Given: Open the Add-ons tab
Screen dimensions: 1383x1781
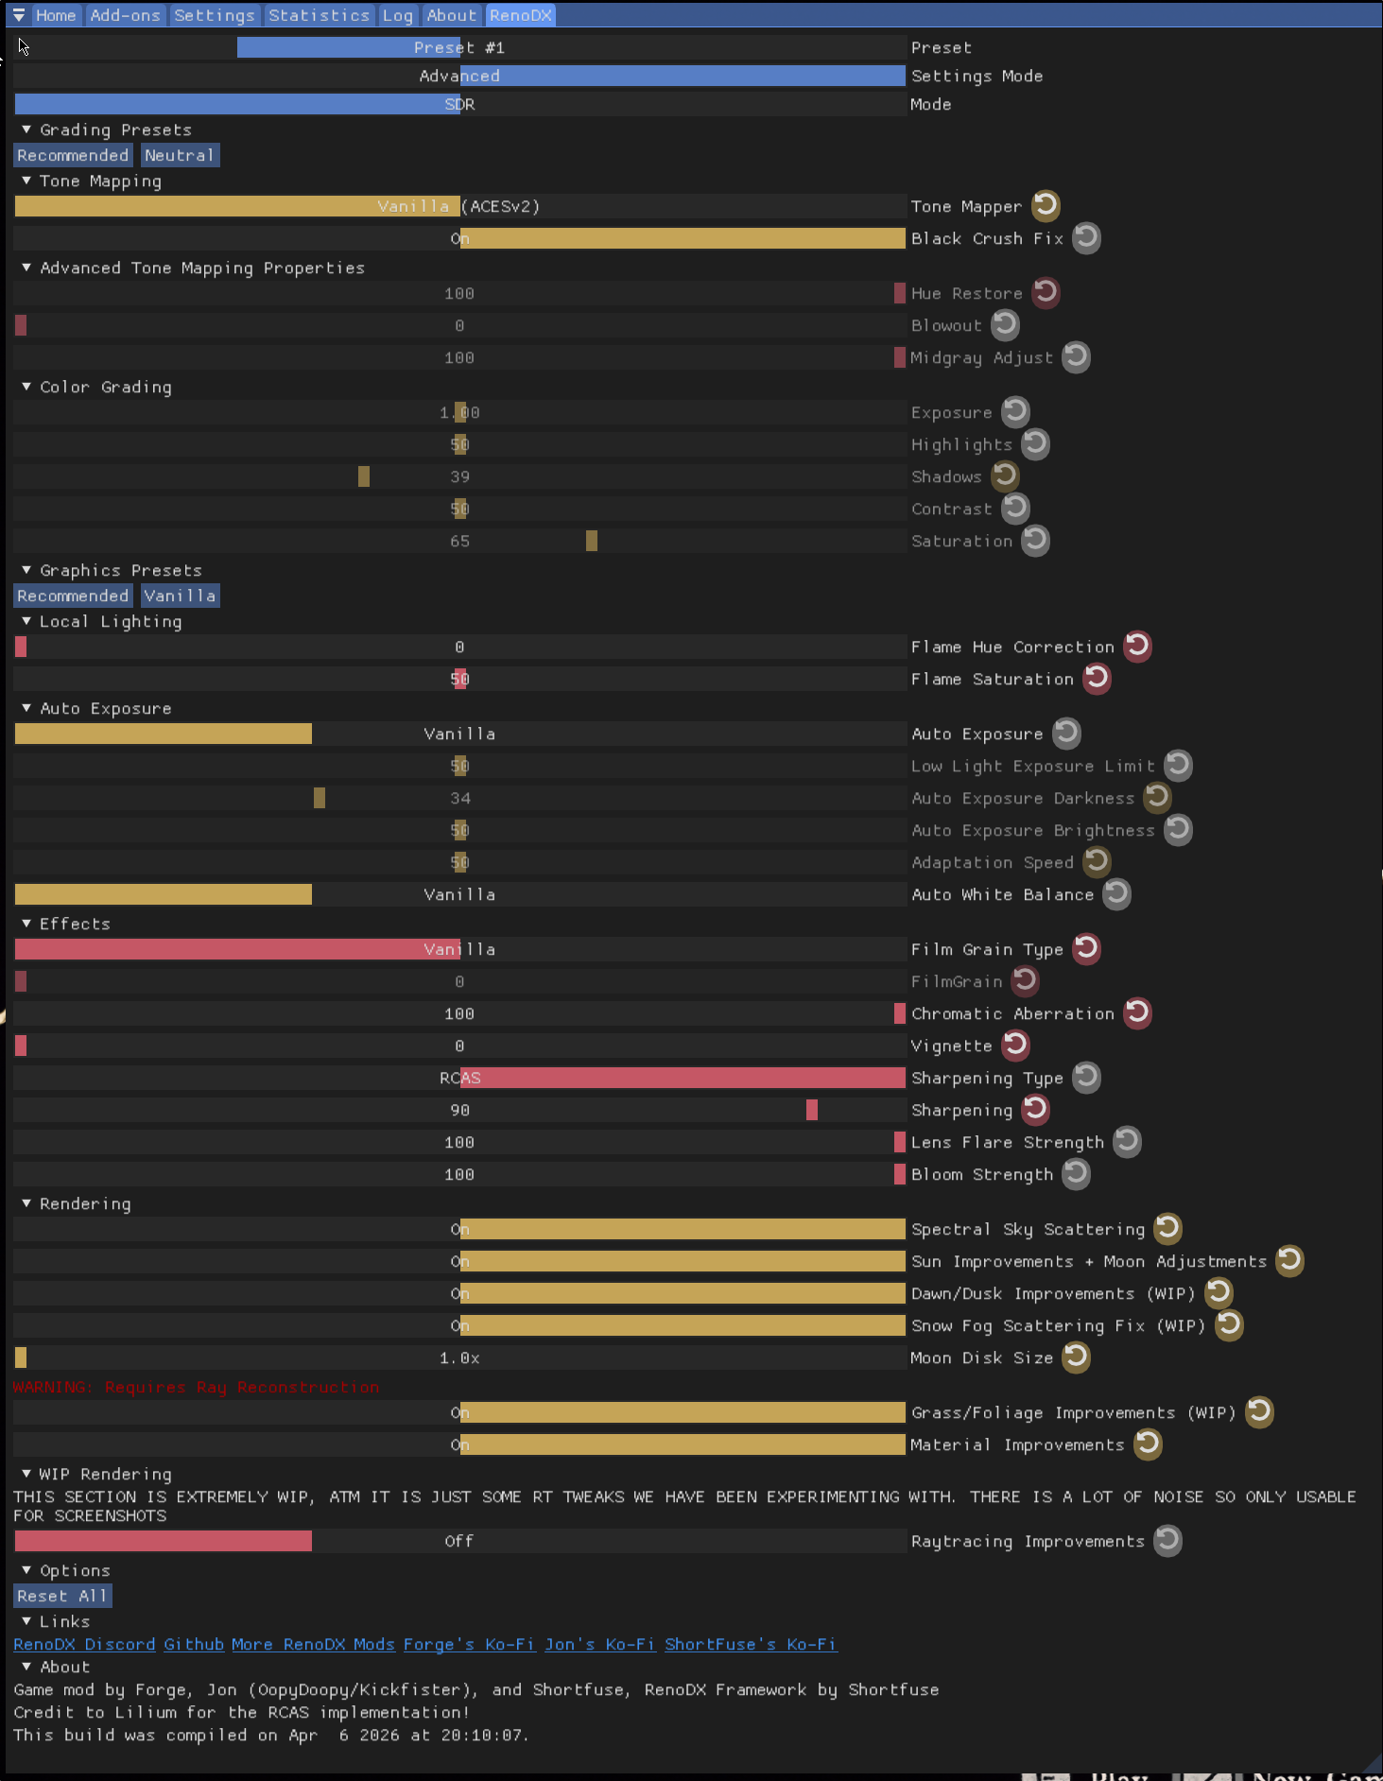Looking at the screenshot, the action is pyautogui.click(x=125, y=15).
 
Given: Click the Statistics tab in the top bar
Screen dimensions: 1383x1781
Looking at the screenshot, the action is pyautogui.click(x=319, y=15).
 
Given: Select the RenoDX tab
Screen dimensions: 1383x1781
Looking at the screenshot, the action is pyautogui.click(x=520, y=15).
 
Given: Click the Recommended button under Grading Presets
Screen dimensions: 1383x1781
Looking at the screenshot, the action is pyautogui.click(x=73, y=155).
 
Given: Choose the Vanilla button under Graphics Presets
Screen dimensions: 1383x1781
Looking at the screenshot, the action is pyautogui.click(x=180, y=596).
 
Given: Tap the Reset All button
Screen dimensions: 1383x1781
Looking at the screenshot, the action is pyautogui.click(x=62, y=1596).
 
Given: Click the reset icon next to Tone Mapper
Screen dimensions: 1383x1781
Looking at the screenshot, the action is pyautogui.click(x=1046, y=205).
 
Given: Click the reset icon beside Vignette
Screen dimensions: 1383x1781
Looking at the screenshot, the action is pyautogui.click(x=1015, y=1045).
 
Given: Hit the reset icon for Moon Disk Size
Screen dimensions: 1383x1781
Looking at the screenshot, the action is pyautogui.click(x=1076, y=1357).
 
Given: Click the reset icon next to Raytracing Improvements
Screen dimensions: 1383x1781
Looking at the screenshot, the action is pyautogui.click(x=1167, y=1540).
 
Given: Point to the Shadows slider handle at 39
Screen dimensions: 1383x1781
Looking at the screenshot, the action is pyautogui.click(x=364, y=476).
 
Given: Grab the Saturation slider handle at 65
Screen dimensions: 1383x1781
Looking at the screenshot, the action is pyautogui.click(x=592, y=541).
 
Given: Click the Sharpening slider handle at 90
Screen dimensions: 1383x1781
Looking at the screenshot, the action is pyautogui.click(x=812, y=1110).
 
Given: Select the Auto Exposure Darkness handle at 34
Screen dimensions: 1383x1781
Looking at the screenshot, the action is pyautogui.click(x=320, y=798).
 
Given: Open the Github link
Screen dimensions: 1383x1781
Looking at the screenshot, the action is pyautogui.click(x=194, y=1644).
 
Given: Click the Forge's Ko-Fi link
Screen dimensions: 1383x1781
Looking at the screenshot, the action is pyautogui.click(x=469, y=1644).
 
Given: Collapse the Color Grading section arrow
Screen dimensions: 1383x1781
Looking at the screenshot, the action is pyautogui.click(x=26, y=387).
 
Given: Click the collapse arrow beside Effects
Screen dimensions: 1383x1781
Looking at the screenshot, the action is pyautogui.click(x=26, y=924).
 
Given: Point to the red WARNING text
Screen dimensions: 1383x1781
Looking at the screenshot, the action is pyautogui.click(x=196, y=1387).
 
